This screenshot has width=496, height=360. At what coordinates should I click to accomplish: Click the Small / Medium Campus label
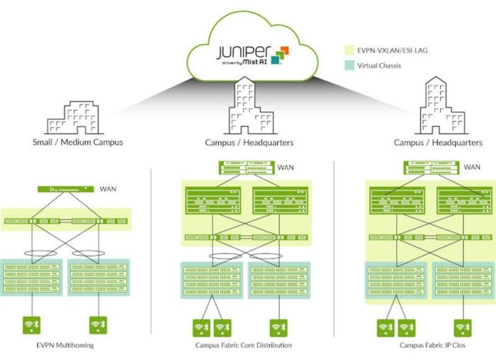tap(79, 142)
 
